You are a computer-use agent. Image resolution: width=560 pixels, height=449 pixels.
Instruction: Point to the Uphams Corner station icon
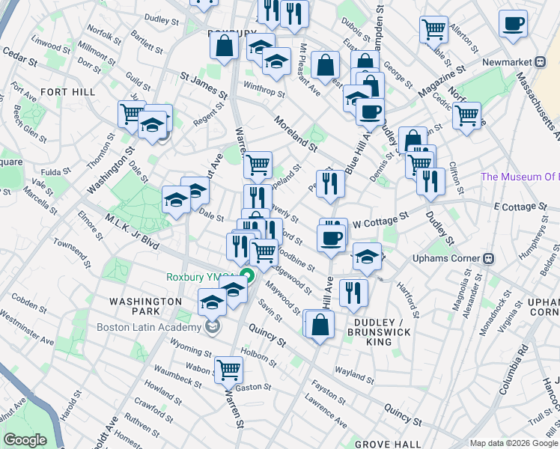489,259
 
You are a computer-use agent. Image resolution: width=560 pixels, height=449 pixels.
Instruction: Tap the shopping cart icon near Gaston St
228,369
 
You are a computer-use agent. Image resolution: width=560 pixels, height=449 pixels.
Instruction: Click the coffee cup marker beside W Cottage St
330,238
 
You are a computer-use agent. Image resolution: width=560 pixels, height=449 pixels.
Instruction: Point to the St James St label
204,85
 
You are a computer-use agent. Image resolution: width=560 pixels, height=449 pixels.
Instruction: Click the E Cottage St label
517,206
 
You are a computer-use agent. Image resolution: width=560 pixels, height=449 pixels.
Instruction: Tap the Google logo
25,440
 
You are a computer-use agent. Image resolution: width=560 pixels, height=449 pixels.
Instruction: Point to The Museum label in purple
520,177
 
